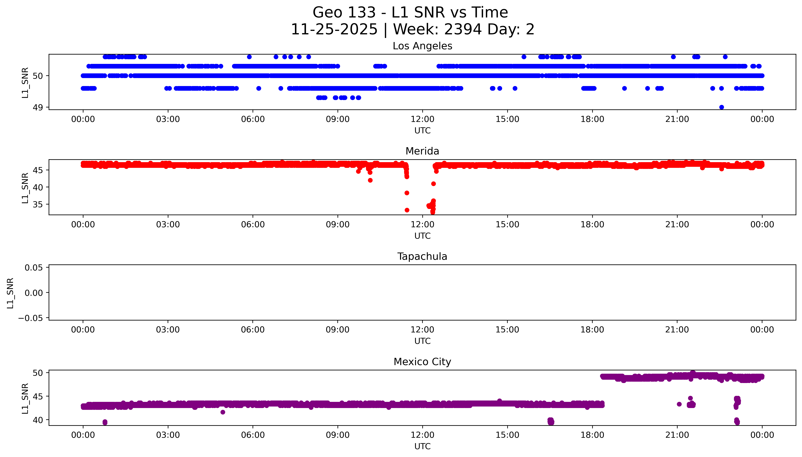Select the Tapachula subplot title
click(x=422, y=256)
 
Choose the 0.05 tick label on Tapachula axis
click(x=34, y=268)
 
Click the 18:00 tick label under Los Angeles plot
click(x=592, y=119)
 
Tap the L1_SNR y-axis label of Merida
click(x=25, y=188)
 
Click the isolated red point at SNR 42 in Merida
click(x=370, y=180)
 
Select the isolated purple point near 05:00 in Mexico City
click(x=223, y=412)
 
